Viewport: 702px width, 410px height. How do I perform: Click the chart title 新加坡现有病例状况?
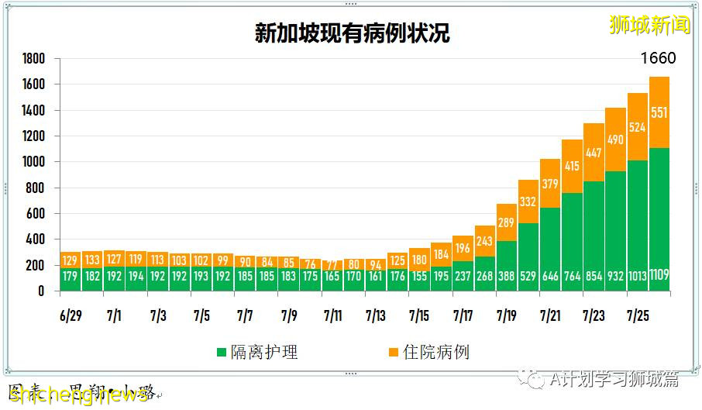[352, 33]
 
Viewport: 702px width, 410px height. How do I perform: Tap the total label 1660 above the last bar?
[659, 59]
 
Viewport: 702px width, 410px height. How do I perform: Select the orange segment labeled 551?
[659, 112]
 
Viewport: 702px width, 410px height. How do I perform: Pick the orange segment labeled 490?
[616, 140]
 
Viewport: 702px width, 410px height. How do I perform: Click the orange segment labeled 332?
[528, 202]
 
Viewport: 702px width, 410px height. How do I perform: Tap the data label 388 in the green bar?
[507, 275]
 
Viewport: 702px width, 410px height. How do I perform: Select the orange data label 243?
[485, 242]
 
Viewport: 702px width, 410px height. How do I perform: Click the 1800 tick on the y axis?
[33, 59]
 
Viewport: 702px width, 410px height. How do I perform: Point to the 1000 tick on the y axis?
[33, 162]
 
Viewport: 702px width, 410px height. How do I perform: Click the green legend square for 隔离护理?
[222, 353]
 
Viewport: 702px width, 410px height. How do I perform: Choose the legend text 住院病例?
[437, 353]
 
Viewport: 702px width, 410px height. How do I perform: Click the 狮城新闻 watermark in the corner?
[649, 24]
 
